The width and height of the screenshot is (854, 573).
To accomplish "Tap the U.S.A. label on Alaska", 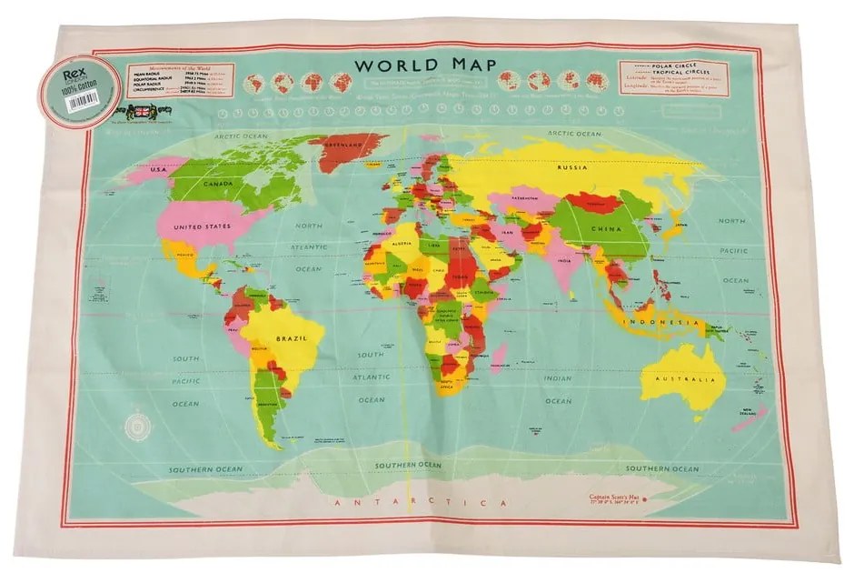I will [148, 170].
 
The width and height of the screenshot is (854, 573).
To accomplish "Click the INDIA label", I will [565, 260].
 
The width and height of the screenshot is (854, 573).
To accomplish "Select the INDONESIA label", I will [661, 323].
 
